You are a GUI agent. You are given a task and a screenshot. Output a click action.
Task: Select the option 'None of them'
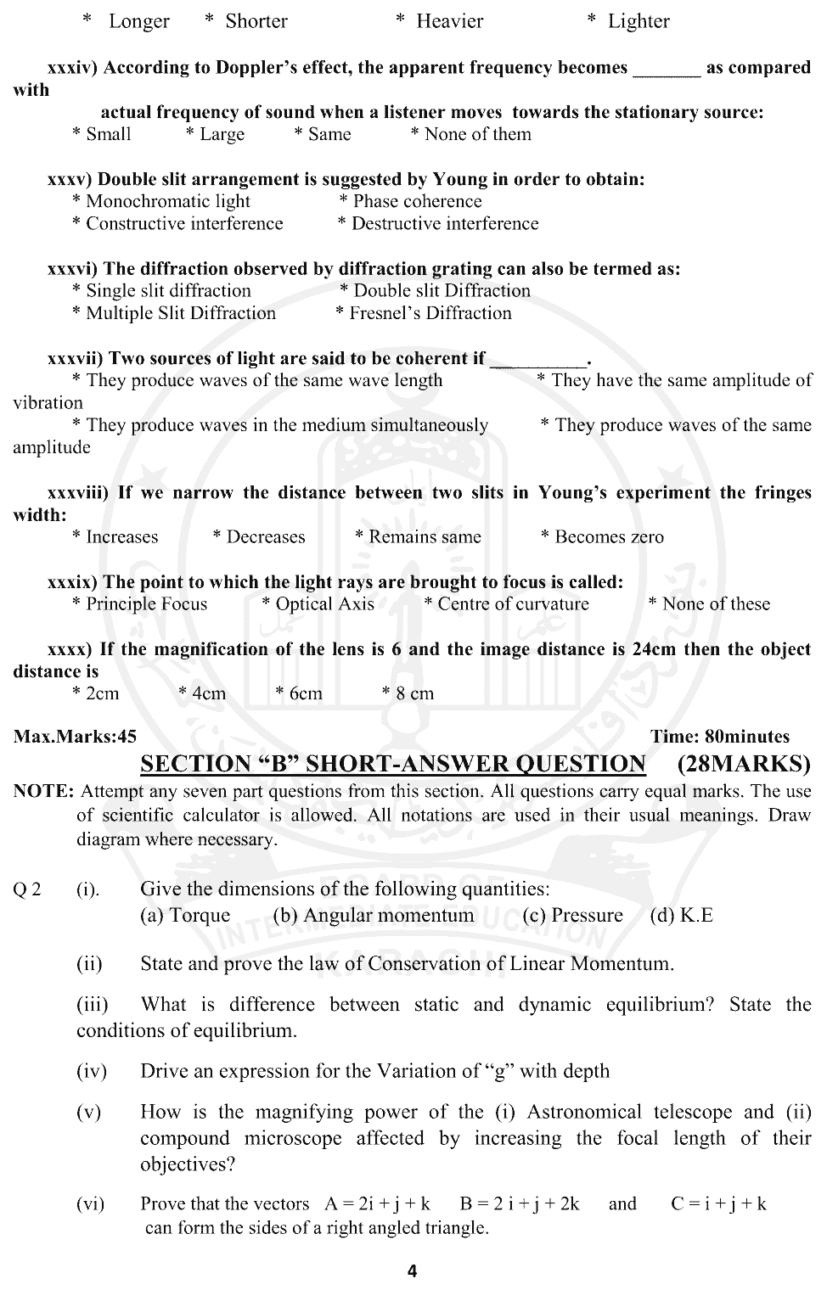pos(477,134)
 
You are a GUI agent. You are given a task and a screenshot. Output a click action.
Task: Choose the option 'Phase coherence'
pos(417,201)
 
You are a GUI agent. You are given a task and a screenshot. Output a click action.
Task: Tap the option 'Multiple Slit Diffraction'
pos(180,313)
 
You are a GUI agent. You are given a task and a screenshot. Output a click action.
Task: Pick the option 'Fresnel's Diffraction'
pos(430,313)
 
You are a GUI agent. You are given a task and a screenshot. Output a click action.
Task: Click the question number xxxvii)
pos(76,358)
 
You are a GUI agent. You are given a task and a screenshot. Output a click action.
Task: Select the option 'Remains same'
pos(425,537)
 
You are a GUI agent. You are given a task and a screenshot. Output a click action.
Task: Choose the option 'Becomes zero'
pos(609,537)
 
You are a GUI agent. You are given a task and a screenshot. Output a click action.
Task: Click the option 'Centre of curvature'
pos(513,604)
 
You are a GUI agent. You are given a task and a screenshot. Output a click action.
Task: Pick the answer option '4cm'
pos(208,693)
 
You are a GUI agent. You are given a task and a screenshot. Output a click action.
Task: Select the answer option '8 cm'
pos(414,693)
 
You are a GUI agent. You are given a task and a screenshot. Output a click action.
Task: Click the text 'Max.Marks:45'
pos(75,737)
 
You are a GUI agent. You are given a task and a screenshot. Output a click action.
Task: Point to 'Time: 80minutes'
pos(720,737)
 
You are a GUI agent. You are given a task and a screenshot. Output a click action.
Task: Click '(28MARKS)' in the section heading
pos(745,764)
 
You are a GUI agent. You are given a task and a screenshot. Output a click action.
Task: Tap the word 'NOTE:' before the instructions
pos(44,792)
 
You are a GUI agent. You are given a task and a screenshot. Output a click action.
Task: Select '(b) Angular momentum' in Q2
pos(374,915)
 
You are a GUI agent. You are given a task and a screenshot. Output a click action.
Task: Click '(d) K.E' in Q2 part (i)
pos(681,915)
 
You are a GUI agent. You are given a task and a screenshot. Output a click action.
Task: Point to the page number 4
pos(413,1271)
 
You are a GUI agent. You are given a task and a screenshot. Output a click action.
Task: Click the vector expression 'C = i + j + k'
pos(718,1203)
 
